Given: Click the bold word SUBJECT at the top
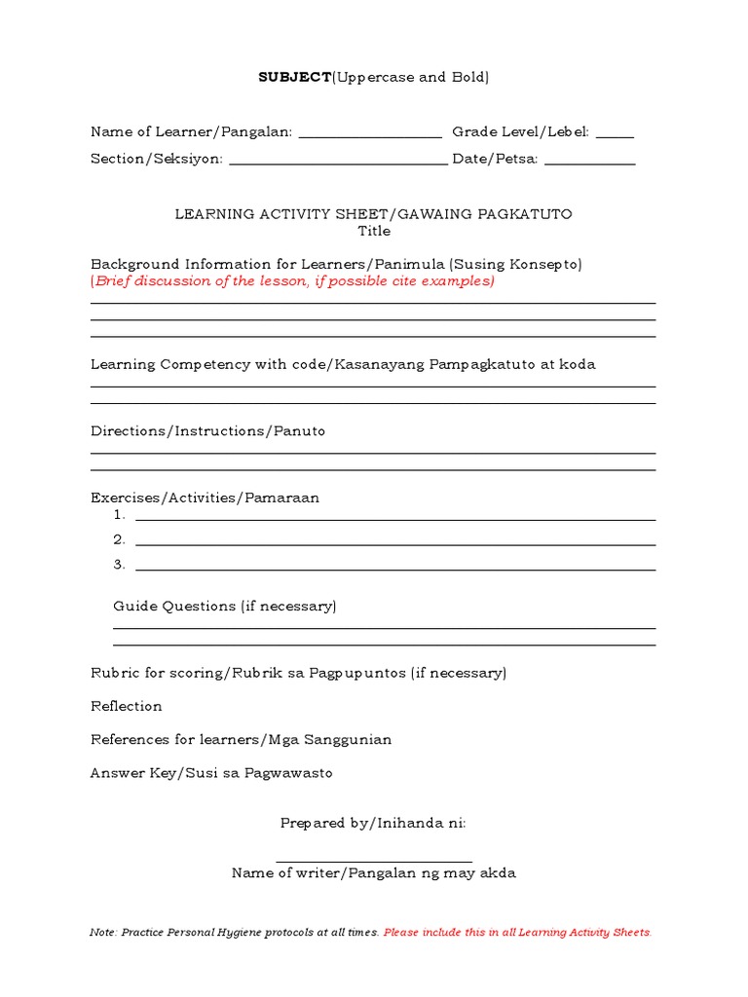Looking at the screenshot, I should point(294,77).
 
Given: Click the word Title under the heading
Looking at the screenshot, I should point(374,232).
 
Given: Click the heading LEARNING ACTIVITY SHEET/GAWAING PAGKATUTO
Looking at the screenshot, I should point(374,214).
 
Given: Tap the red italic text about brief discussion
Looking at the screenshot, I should point(293,281).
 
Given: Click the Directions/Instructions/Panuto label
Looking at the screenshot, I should point(207,430).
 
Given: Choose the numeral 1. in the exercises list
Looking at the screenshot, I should point(120,515).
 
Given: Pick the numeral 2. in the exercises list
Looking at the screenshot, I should point(120,539).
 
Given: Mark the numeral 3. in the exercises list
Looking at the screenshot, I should point(120,565).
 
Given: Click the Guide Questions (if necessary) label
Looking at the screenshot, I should point(225,606).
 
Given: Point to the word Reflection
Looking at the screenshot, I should point(127,706).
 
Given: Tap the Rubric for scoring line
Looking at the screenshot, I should point(298,673).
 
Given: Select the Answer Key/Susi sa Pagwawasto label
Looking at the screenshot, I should point(211,773).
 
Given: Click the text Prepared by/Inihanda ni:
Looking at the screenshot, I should point(373,823).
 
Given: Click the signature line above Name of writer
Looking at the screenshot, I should point(374,861).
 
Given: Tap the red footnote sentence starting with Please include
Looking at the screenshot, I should point(517,933).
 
